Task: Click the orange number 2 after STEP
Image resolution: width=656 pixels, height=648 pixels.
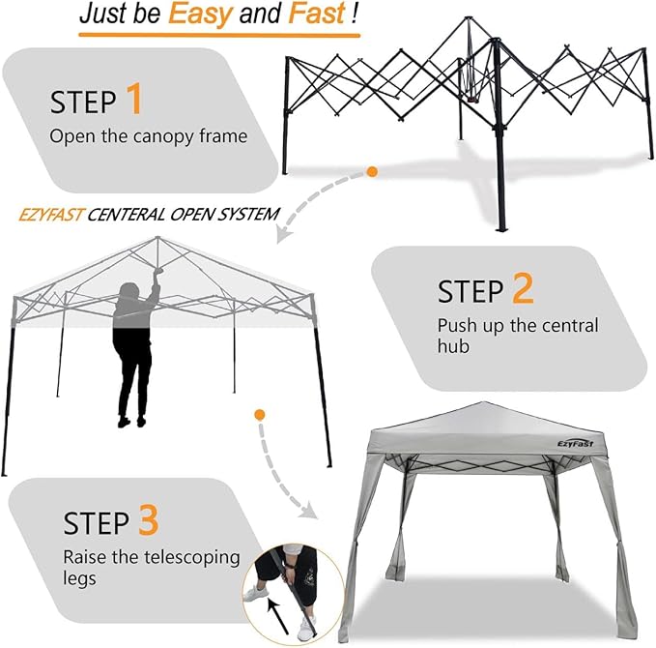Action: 522,290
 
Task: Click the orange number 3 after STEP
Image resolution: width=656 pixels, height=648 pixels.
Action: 148,522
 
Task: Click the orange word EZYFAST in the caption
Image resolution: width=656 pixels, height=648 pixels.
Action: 50,213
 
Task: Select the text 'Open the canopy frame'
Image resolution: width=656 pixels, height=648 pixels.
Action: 148,136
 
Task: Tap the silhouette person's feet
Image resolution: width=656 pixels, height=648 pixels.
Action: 132,420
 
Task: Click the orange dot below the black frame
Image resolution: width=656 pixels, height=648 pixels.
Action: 371,172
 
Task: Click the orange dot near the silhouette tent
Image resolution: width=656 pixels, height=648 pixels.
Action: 260,415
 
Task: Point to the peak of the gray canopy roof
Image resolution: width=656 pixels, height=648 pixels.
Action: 486,403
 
